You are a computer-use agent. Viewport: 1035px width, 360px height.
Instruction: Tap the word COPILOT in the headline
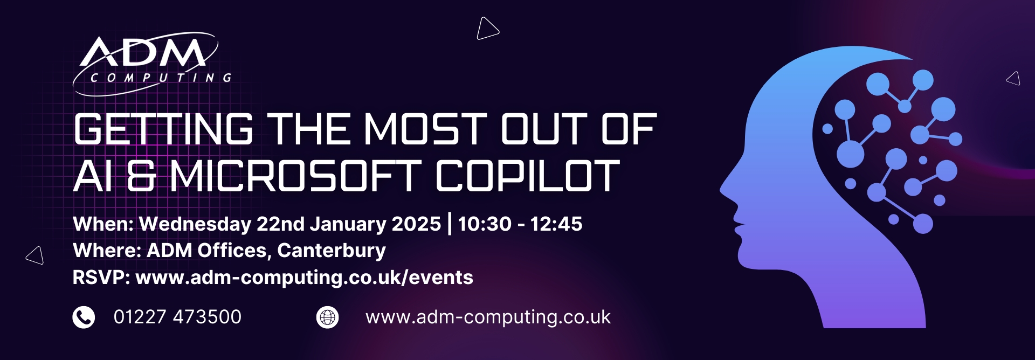(528, 176)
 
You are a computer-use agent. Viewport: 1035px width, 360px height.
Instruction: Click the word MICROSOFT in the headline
(295, 176)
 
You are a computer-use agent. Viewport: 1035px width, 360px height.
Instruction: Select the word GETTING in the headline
(163, 129)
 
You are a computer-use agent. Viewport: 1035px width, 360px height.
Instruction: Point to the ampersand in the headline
(141, 176)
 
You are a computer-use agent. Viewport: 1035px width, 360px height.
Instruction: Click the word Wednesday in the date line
(195, 224)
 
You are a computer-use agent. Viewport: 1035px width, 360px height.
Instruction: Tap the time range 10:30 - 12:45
(520, 224)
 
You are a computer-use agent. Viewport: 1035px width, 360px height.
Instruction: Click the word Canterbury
(332, 251)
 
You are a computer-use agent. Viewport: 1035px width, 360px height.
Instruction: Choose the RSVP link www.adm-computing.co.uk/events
(304, 278)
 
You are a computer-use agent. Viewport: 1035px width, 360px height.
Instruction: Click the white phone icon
(84, 317)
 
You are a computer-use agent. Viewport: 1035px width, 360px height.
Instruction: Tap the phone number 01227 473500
(177, 317)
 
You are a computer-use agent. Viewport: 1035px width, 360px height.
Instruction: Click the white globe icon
(327, 317)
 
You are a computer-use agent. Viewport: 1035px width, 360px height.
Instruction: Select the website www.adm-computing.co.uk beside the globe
(488, 317)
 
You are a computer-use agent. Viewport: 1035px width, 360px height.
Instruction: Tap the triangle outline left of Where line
(36, 255)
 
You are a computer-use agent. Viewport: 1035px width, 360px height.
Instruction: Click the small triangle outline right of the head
(1014, 79)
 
